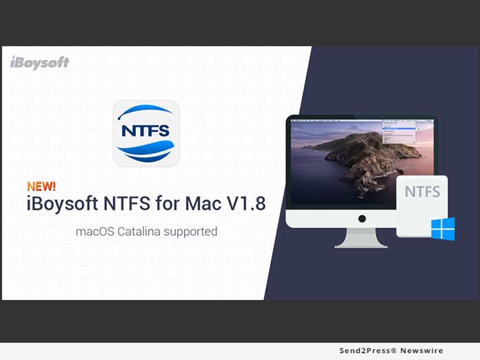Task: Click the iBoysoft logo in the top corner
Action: [39, 62]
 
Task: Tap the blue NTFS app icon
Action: [146, 133]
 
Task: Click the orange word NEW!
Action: [41, 186]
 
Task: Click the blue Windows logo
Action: [443, 229]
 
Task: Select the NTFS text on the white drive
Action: [422, 192]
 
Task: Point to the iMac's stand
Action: [361, 238]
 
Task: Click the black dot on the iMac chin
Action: [361, 219]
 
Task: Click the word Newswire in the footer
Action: [423, 351]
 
